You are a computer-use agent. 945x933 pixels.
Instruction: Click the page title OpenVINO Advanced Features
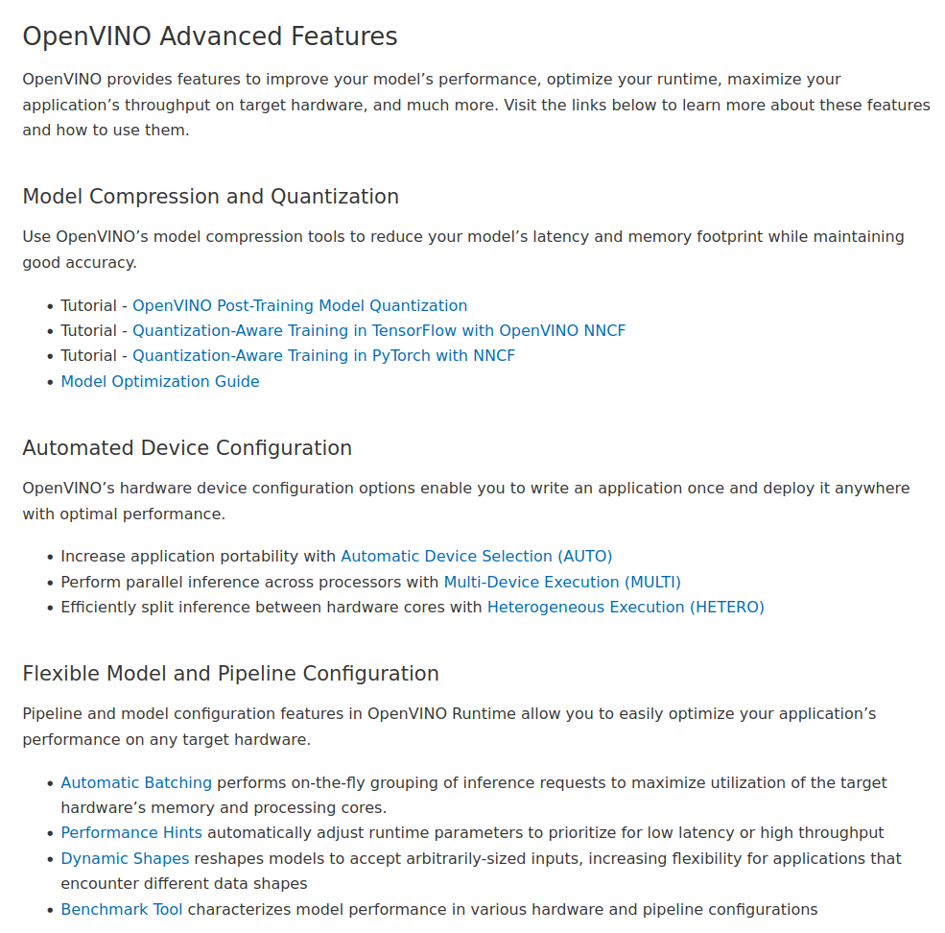click(x=209, y=36)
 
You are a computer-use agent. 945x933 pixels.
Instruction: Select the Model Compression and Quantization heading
click(x=210, y=197)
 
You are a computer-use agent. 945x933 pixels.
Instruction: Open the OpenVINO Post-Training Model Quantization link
click(x=299, y=305)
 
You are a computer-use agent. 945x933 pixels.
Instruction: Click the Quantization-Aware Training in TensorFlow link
click(x=378, y=330)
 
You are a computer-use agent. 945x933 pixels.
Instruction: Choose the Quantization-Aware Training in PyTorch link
click(x=323, y=355)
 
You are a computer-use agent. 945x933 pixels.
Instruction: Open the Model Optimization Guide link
click(x=160, y=381)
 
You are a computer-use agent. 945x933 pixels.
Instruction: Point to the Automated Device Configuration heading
click(x=187, y=448)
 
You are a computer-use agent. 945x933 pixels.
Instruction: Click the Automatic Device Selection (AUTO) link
click(x=476, y=556)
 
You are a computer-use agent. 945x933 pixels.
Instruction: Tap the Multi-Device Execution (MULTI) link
click(x=561, y=582)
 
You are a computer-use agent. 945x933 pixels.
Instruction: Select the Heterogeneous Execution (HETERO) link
click(x=626, y=607)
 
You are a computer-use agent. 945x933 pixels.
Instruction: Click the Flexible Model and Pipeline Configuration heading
click(x=230, y=674)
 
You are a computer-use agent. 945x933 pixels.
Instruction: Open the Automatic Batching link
click(x=136, y=782)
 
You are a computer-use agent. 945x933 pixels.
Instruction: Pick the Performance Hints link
click(x=131, y=832)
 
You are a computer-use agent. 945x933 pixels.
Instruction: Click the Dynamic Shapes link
click(x=125, y=858)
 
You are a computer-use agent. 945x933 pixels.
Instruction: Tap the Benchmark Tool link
click(x=122, y=909)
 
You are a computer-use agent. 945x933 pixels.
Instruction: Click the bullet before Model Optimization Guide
click(x=50, y=382)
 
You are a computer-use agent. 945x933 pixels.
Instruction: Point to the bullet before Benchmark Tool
click(x=50, y=910)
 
